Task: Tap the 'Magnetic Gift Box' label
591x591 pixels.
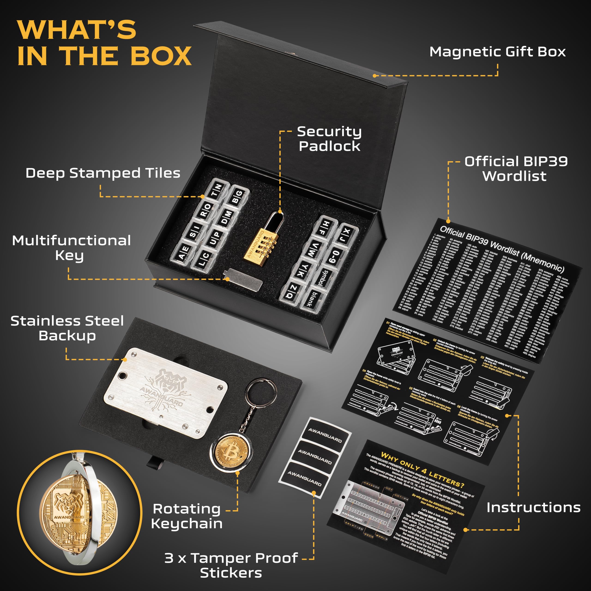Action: (498, 52)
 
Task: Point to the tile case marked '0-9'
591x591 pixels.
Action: (336, 256)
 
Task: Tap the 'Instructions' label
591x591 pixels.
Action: (534, 507)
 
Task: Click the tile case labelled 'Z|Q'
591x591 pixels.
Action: (292, 292)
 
